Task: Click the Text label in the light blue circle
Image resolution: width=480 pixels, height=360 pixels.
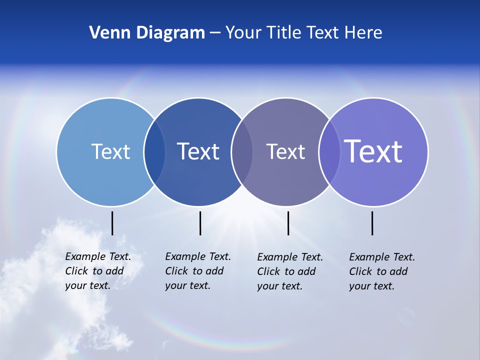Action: pyautogui.click(x=110, y=151)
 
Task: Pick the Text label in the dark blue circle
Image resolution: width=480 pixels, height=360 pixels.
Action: pyautogui.click(x=198, y=151)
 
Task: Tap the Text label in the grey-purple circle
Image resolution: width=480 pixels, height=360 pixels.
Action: pyautogui.click(x=285, y=151)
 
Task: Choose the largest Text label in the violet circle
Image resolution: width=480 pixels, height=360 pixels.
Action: pyautogui.click(x=373, y=151)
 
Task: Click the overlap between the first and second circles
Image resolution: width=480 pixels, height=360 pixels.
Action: pyautogui.click(x=154, y=152)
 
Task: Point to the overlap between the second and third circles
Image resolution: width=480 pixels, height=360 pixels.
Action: pyautogui.click(x=242, y=152)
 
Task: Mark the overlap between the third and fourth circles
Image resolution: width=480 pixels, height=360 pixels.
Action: pyautogui.click(x=329, y=152)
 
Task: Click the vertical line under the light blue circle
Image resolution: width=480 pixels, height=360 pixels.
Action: pyautogui.click(x=112, y=223)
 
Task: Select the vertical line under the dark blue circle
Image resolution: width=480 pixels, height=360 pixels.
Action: pyautogui.click(x=200, y=223)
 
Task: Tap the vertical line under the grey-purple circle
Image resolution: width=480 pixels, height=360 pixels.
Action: pyautogui.click(x=288, y=223)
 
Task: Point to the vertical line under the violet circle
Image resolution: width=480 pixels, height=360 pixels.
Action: pyautogui.click(x=372, y=223)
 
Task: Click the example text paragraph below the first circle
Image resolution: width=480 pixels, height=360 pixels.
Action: pyautogui.click(x=97, y=271)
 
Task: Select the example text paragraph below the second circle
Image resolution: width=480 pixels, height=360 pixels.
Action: pyautogui.click(x=197, y=271)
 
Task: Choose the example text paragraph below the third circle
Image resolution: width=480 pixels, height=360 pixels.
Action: pyautogui.click(x=289, y=271)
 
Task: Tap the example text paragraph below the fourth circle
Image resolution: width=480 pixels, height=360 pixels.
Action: pyautogui.click(x=381, y=271)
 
